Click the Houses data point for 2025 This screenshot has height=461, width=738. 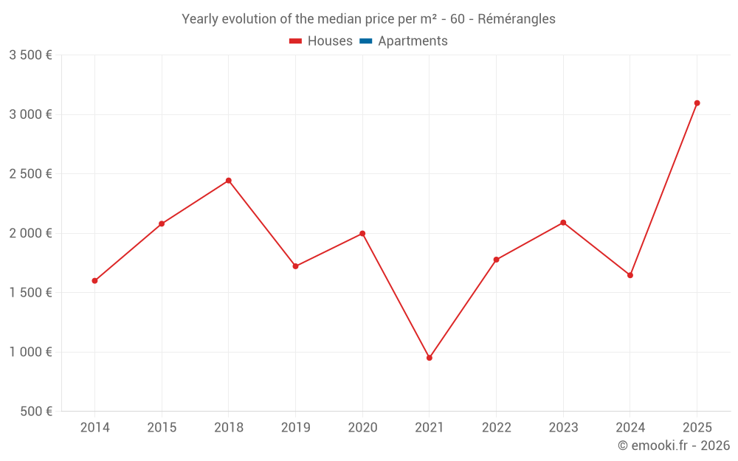point(697,103)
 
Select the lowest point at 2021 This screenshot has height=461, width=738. point(430,358)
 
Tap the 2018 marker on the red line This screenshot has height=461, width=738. point(229,181)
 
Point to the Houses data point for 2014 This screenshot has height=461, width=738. point(95,281)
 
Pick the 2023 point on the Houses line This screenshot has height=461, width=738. point(563,223)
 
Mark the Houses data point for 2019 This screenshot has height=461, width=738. point(295,266)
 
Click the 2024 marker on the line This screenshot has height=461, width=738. point(630,275)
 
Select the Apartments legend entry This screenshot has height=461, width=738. point(413,41)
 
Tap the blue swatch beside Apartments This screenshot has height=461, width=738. point(365,41)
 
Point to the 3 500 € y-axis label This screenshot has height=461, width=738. point(30,55)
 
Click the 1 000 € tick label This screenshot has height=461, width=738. point(30,352)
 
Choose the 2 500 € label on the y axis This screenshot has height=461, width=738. point(30,174)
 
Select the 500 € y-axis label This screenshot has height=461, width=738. point(35,412)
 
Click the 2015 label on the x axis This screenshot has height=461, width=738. point(162,428)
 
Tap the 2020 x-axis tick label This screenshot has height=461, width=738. point(362,428)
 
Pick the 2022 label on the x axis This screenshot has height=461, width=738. point(496,428)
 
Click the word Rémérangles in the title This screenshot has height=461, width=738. point(517,19)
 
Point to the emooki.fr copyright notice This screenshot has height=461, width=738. point(673,446)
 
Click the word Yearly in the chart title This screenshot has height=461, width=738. point(201,19)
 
